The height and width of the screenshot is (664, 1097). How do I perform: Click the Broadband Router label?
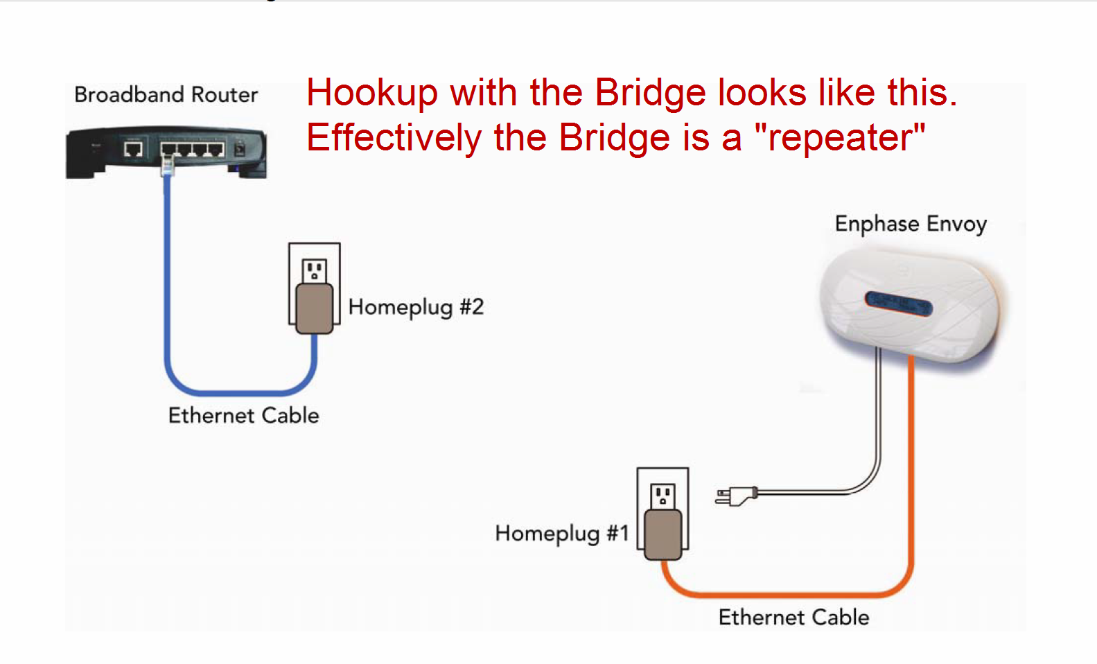point(166,94)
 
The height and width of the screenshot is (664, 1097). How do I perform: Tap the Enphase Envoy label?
point(911,225)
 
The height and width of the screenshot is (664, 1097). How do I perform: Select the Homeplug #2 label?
point(416,308)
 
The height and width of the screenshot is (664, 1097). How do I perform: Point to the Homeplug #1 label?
point(562,533)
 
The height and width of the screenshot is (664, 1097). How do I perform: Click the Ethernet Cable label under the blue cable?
point(243,416)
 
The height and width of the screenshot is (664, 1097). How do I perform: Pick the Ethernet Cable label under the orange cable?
point(794,618)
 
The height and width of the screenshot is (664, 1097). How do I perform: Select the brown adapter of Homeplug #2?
point(315,308)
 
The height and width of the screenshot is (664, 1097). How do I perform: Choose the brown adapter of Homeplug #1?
point(663,534)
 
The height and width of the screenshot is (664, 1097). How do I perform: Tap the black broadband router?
point(166,152)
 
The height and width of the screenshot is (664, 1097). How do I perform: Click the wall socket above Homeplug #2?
point(315,271)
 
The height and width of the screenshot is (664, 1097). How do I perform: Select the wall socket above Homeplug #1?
point(662,496)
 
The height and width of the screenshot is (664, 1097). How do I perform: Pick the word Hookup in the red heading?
point(371,93)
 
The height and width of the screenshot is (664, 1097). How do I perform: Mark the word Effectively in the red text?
point(395,138)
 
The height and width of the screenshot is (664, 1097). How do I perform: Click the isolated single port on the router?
point(133,148)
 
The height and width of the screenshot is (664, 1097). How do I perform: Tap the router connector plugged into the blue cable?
point(168,166)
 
